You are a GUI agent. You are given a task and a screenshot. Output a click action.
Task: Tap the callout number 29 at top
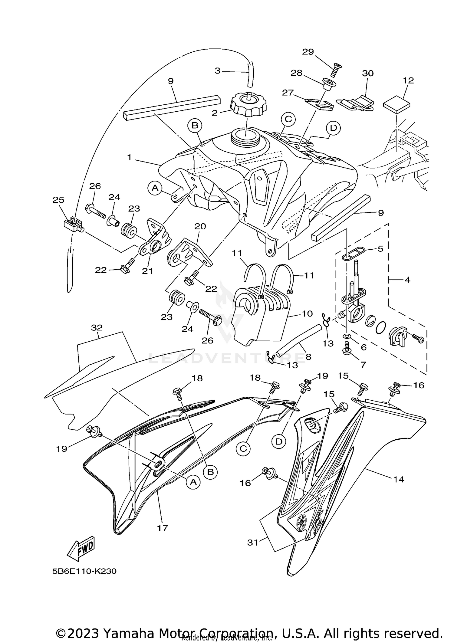point(308,52)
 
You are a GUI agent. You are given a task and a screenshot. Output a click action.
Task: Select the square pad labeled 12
point(396,104)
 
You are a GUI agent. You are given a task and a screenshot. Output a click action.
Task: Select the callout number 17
point(163,528)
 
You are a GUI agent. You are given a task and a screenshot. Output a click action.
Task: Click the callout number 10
point(307,314)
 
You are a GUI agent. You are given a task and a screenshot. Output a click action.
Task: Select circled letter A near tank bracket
point(155,188)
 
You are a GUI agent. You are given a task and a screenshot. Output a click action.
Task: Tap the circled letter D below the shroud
point(278,442)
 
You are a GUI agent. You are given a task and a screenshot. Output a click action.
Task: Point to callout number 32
point(97,327)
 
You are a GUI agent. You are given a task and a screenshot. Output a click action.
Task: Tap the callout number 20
point(200,226)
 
